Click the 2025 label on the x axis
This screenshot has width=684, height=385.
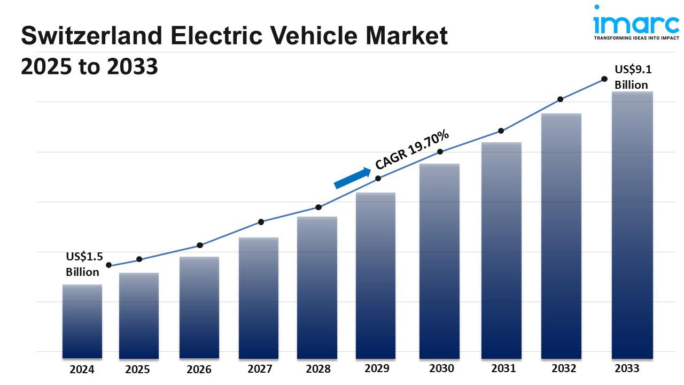(x=138, y=369)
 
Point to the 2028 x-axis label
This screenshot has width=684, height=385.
(x=318, y=369)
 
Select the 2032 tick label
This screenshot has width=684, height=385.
(x=564, y=368)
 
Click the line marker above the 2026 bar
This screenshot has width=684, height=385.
(x=200, y=245)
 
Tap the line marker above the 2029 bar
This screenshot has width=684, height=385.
(x=378, y=179)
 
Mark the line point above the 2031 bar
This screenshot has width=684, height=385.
(x=501, y=131)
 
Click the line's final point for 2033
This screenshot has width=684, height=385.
(x=604, y=79)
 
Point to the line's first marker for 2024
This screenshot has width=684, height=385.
(x=109, y=265)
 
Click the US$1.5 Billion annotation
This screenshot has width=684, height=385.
(x=84, y=264)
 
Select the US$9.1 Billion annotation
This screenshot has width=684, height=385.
(x=633, y=77)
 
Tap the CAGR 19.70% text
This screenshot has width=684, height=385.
(x=411, y=150)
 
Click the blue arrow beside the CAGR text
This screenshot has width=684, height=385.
(x=353, y=178)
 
